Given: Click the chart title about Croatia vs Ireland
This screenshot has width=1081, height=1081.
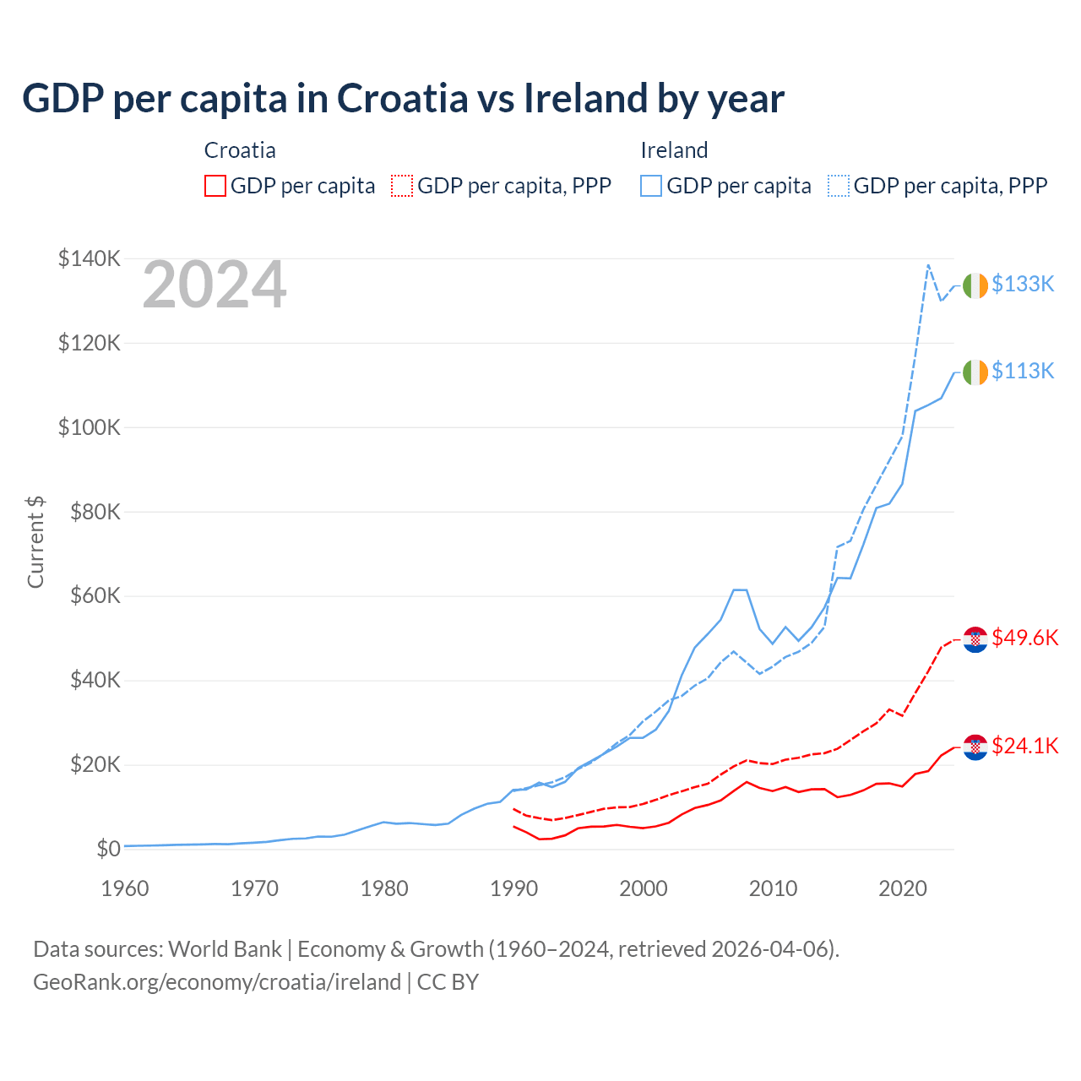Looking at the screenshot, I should (x=403, y=98).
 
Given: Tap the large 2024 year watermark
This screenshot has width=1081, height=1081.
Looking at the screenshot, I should (x=215, y=285).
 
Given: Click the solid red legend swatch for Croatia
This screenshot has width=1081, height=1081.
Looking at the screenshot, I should (x=215, y=186).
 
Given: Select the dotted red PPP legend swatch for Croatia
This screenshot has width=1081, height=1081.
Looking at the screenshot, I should (x=402, y=186).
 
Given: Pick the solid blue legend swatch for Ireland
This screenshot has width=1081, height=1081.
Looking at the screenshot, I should (x=651, y=186).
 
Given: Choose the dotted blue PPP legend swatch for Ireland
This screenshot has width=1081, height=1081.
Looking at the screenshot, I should (x=839, y=186).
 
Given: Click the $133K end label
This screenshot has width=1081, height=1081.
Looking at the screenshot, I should (x=1023, y=285).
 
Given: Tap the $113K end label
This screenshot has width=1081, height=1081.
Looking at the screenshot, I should (x=1023, y=372).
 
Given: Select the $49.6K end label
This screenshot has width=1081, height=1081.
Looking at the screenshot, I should (x=1024, y=638).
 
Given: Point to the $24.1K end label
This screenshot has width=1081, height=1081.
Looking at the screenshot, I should (x=1024, y=747).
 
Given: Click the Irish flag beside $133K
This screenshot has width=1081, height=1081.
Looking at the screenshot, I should (x=975, y=285).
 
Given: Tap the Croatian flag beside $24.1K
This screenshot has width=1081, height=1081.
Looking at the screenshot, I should (x=975, y=747).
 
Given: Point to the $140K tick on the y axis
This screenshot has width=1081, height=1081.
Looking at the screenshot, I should (x=90, y=258).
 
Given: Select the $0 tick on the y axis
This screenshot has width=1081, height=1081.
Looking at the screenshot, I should (x=108, y=850).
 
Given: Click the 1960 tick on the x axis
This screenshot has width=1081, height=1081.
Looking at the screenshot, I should (x=125, y=888).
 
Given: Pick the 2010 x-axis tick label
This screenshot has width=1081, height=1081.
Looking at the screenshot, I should (x=774, y=888).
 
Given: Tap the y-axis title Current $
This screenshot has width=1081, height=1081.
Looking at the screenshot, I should (x=35, y=542).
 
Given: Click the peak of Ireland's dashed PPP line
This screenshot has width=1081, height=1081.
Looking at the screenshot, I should (x=928, y=265).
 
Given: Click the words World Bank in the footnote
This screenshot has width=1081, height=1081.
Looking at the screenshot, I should (x=225, y=949).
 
